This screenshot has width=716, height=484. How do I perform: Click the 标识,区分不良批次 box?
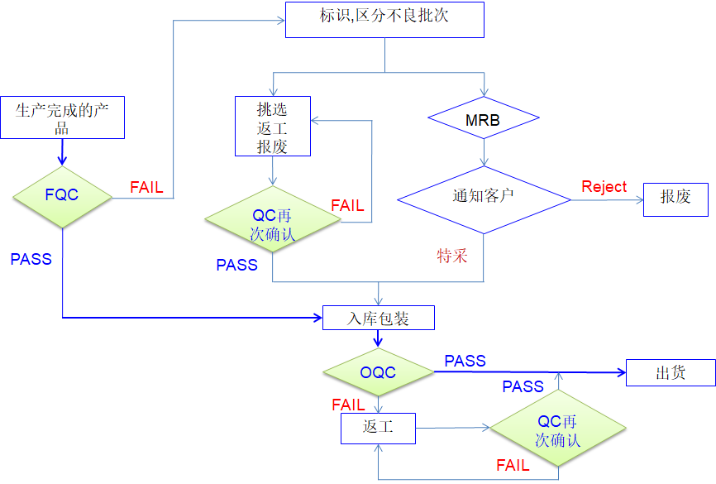[384, 19]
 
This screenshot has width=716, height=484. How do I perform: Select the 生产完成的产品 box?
[63, 117]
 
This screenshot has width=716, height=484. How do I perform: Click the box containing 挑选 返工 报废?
[273, 126]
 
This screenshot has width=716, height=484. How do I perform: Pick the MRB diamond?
[483, 121]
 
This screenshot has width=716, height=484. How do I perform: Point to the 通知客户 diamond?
[483, 199]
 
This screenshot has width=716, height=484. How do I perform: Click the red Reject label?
[604, 187]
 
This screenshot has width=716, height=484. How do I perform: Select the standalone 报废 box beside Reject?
[675, 199]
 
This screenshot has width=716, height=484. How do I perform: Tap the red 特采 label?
[453, 256]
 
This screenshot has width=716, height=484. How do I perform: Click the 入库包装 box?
[378, 318]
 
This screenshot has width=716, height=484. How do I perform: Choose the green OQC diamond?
[378, 372]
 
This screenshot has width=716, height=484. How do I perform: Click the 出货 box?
[671, 372]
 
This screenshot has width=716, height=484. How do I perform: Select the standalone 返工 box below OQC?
[378, 428]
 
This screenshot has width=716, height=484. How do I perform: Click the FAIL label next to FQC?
[146, 188]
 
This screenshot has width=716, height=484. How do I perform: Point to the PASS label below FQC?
[31, 259]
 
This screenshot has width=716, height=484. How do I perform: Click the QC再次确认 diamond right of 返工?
[558, 429]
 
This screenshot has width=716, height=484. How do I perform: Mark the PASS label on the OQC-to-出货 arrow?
[465, 361]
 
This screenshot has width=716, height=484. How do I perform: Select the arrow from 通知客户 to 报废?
[607, 199]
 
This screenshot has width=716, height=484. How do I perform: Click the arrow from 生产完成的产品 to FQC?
[63, 151]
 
